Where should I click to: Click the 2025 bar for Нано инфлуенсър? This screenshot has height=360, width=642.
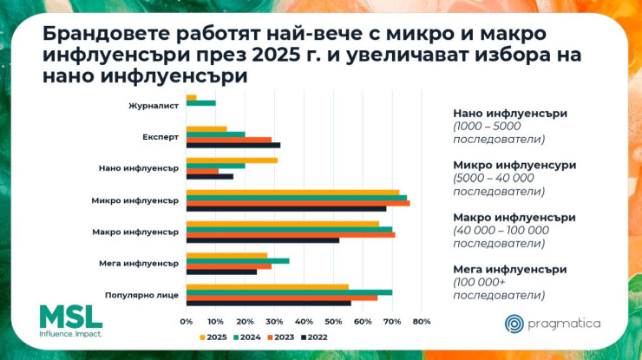click(x=232, y=160)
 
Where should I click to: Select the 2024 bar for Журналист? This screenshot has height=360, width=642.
click(x=201, y=103)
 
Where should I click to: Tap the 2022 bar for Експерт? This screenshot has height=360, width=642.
click(x=233, y=145)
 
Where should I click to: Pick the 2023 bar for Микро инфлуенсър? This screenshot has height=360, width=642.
click(x=298, y=203)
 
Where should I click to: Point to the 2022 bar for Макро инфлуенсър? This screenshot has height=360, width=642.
click(x=263, y=239)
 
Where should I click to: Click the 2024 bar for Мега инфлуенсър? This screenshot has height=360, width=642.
click(x=238, y=260)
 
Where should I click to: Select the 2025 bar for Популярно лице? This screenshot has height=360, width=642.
click(x=267, y=286)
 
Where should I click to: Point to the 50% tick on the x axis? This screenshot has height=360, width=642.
click(x=333, y=322)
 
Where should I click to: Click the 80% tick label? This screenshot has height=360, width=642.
click(x=422, y=322)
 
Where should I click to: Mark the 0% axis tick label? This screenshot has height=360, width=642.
click(x=186, y=322)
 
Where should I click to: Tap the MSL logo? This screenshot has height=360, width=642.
click(x=70, y=321)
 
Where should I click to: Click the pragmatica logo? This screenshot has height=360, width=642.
click(x=553, y=324)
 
